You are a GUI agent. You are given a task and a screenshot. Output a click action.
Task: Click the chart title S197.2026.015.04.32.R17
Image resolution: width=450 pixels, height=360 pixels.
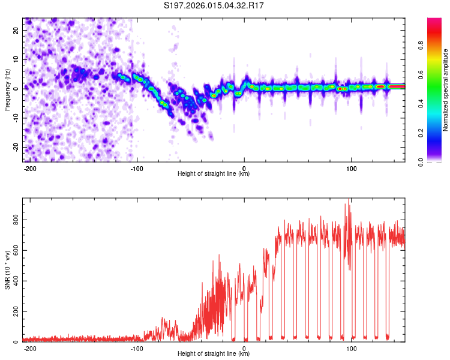(x=214, y=6)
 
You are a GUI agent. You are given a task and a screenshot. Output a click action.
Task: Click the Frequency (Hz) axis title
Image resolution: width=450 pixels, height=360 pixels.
(x=7, y=90)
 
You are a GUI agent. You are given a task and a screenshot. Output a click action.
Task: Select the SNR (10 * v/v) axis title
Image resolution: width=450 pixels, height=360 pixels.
(x=7, y=270)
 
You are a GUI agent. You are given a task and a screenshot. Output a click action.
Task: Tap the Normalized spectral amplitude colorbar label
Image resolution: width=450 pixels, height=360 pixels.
(x=445, y=90)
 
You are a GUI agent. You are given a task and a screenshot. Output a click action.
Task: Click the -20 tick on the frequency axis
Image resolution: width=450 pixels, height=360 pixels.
(x=16, y=147)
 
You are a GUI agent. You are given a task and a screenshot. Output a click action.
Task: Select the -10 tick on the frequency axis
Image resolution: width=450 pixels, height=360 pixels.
(x=16, y=118)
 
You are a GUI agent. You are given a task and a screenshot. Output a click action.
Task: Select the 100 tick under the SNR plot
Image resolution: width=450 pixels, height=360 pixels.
(x=352, y=348)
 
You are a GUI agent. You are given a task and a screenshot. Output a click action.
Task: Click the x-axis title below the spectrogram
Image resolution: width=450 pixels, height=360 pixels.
(x=214, y=174)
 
